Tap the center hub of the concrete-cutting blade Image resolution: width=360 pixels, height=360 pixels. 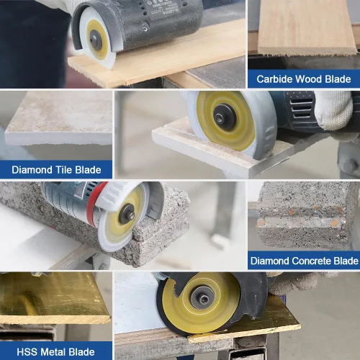(127, 215)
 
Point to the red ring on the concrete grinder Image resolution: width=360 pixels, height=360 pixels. (94, 204)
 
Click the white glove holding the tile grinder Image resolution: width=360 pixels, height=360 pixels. (335, 110)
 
